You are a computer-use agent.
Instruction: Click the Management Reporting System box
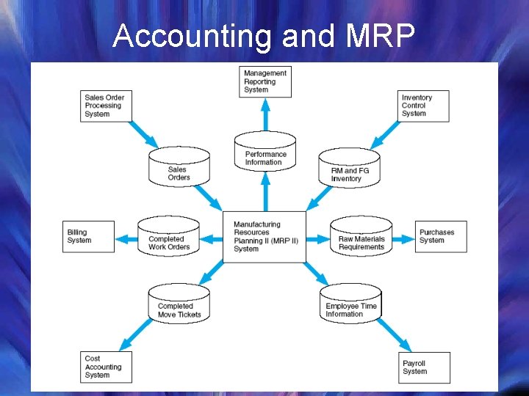(265, 81)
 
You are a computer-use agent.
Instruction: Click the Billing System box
(88, 236)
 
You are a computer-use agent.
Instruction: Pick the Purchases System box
(441, 236)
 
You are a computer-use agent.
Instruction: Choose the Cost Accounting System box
(107, 367)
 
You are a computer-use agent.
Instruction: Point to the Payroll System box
(424, 367)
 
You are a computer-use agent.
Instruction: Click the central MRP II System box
(264, 236)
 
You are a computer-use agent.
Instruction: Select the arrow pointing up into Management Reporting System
(265, 113)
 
